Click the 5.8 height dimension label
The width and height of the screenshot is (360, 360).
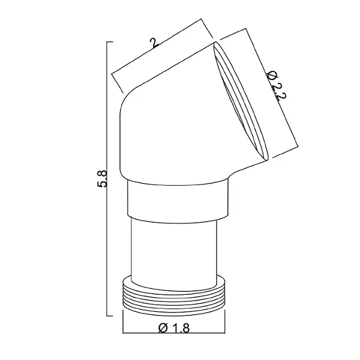pyautogui.click(x=102, y=179)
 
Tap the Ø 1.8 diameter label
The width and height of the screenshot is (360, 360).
pyautogui.click(x=174, y=328)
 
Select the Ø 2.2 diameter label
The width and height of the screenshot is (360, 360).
pyautogui.click(x=276, y=85)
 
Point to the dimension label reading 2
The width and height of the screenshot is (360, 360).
pyautogui.click(x=154, y=43)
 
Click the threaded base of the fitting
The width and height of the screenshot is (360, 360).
pyautogui.click(x=174, y=296)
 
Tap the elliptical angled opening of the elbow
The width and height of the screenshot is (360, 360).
pyautogui.click(x=241, y=101)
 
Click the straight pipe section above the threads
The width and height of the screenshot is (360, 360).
pyautogui.click(x=174, y=253)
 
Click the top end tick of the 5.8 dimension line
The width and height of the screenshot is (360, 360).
pyautogui.click(x=110, y=42)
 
